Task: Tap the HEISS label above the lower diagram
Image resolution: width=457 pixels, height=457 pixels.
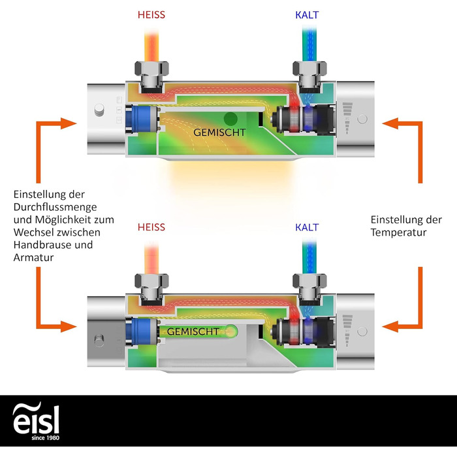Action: click(151, 227)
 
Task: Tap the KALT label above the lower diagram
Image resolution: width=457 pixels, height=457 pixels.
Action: click(307, 227)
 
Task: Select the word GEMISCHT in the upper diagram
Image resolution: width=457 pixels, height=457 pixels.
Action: click(219, 132)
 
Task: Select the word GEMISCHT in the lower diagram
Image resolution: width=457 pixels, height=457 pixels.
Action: click(193, 332)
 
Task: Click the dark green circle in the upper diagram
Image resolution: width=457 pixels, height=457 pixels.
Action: click(230, 119)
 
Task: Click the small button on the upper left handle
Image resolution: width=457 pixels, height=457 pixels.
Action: click(99, 108)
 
